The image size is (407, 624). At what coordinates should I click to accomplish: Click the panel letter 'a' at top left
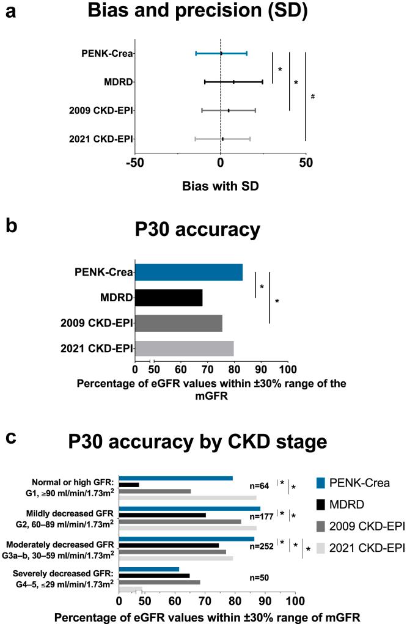coord(10,12)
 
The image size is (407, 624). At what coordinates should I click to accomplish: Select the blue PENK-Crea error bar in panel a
coord(221,54)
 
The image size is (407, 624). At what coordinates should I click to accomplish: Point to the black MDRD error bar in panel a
coord(233,81)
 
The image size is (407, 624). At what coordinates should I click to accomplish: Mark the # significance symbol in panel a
coord(312,96)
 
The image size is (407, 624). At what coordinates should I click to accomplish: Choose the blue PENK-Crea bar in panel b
coord(189,272)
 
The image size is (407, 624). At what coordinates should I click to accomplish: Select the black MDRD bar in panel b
coord(169,298)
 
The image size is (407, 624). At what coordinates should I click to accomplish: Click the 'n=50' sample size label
coord(261,576)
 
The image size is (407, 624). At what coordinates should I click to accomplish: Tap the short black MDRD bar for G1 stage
coord(129,485)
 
